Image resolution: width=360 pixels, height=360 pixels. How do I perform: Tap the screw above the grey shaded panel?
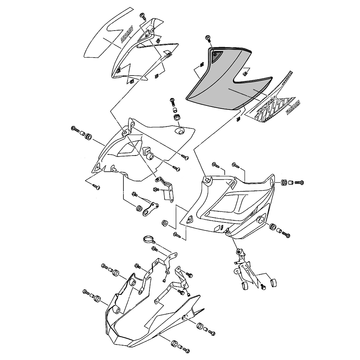(x=208, y=39)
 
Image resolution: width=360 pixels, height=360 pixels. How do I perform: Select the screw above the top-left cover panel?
(x=143, y=15)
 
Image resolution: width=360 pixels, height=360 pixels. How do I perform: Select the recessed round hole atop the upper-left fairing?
(x=179, y=130)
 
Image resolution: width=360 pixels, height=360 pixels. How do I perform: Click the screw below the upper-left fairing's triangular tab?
(x=96, y=187)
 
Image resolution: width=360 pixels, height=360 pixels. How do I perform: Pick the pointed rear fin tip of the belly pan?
(x=203, y=309)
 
